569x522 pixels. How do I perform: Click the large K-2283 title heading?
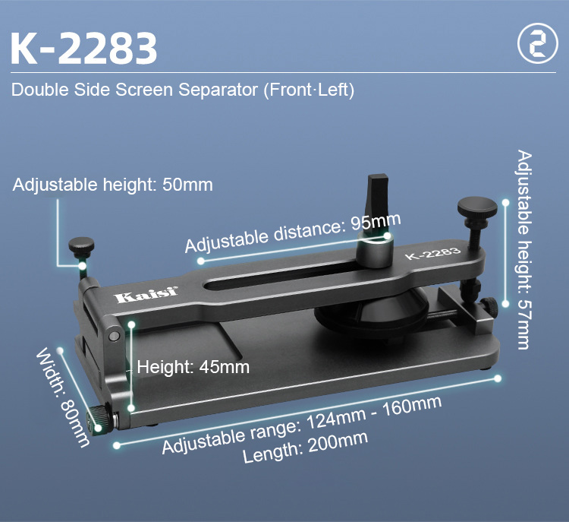tap(83, 49)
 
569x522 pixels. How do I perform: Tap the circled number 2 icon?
tap(537, 43)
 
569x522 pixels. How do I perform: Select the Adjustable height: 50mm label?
tap(113, 185)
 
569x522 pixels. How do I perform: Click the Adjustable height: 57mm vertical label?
tap(524, 249)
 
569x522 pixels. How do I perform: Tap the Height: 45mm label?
tap(193, 367)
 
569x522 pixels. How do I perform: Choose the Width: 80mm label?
tap(62, 397)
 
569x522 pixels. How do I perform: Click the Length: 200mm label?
tap(305, 447)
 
